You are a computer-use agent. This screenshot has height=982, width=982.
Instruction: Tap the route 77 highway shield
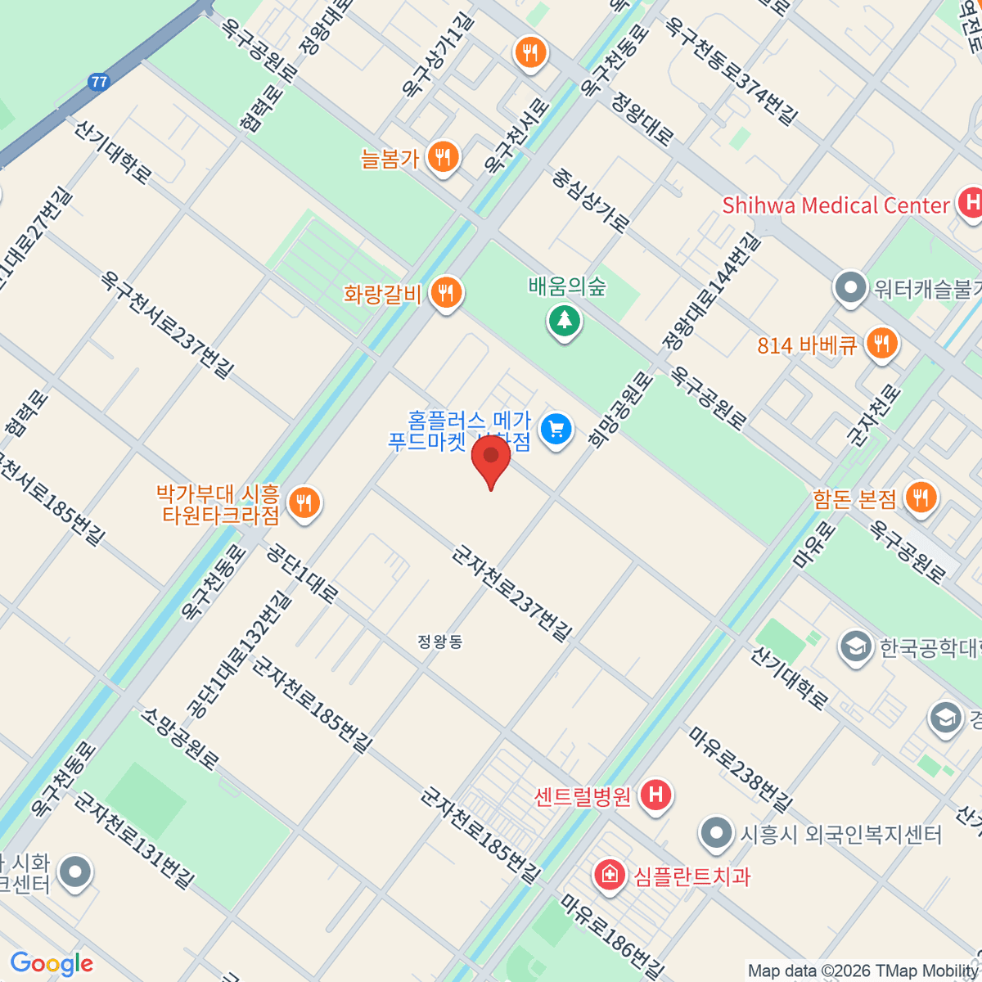[x=99, y=82]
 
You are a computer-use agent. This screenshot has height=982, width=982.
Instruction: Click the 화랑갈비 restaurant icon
[x=446, y=292]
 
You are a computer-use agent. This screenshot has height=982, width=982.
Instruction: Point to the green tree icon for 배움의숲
[x=564, y=320]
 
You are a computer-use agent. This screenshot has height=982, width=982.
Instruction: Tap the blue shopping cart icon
[x=556, y=429]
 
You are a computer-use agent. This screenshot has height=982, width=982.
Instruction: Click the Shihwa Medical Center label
[x=835, y=205]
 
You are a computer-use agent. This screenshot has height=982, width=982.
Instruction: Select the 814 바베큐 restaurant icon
[x=881, y=344]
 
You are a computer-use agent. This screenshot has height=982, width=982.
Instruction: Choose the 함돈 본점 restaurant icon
[x=921, y=498]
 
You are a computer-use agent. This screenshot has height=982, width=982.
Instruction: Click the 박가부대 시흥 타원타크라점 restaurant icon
[x=304, y=503]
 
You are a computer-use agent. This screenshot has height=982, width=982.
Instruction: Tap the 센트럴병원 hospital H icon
[x=655, y=795]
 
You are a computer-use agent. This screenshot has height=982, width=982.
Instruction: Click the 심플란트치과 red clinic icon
[x=609, y=876]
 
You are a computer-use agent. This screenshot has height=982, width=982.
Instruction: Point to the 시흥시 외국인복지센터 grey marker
[x=717, y=835]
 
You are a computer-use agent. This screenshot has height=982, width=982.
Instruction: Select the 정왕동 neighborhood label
[x=440, y=642]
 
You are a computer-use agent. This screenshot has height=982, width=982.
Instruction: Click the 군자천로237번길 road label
[x=512, y=593]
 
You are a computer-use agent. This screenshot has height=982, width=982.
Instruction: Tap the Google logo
[x=52, y=963]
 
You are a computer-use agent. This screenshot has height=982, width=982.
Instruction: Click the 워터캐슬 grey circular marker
[x=850, y=288]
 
